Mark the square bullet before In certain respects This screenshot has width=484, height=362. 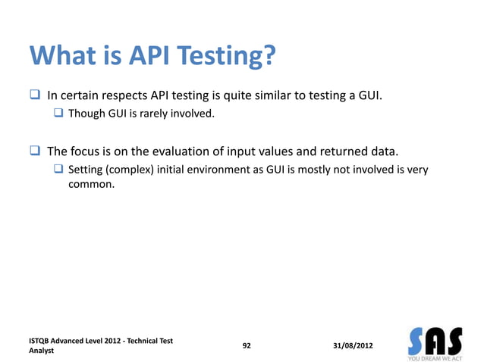(35, 97)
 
